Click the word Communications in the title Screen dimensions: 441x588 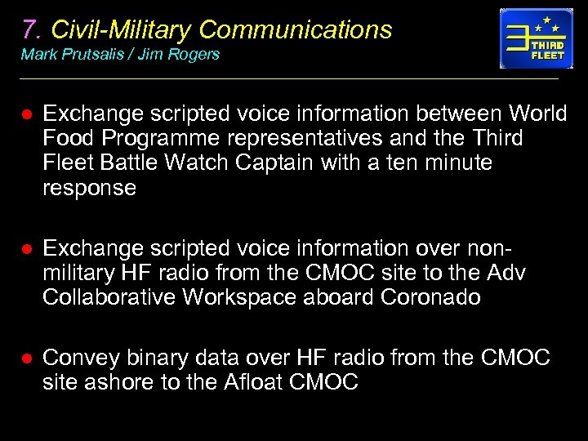tap(295, 29)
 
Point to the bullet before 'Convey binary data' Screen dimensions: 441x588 tap(25, 359)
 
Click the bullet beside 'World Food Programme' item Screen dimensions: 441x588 tap(25, 114)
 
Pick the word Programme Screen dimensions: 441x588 tap(159, 138)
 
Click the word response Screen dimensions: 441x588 tap(89, 188)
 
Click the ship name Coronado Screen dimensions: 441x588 tap(430, 297)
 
